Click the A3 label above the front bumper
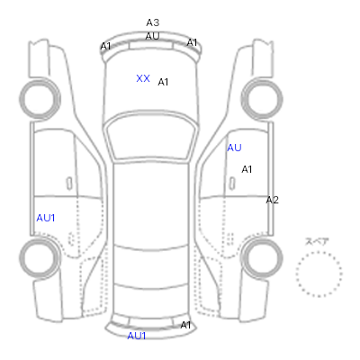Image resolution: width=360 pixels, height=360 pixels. point(153,22)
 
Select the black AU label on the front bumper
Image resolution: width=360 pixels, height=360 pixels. point(152,36)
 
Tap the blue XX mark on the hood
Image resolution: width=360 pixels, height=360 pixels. point(143,78)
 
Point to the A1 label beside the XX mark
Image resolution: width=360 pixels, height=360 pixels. point(163,82)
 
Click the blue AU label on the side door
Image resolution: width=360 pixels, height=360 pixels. point(234,148)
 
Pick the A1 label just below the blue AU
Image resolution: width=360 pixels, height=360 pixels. point(247,169)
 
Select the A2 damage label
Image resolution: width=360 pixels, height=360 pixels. point(273,200)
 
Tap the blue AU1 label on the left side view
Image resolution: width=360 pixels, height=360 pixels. point(46,218)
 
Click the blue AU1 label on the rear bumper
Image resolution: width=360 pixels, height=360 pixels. point(137,336)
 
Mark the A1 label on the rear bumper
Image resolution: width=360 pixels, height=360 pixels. point(185,325)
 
